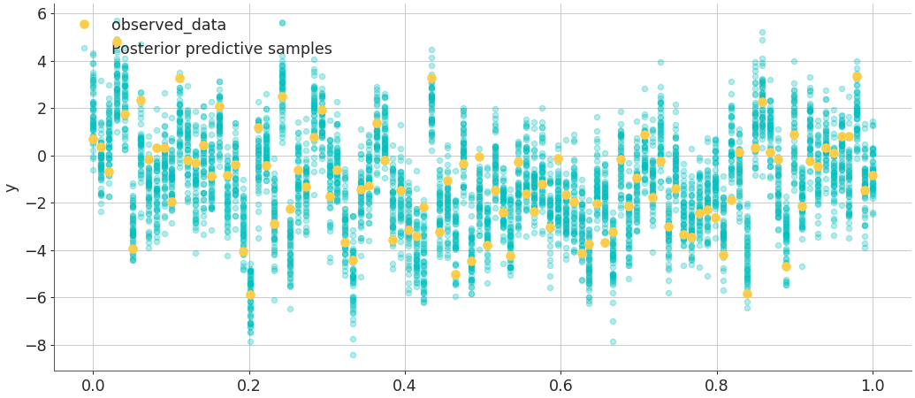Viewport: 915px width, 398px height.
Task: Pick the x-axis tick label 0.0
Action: [93, 386]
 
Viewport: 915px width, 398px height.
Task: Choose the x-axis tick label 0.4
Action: [405, 386]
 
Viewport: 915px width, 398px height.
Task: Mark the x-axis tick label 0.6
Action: [560, 386]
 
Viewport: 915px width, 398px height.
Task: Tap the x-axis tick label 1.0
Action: [873, 386]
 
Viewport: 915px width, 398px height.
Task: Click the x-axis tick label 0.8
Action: [717, 386]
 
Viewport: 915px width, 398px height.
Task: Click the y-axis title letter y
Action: [11, 188]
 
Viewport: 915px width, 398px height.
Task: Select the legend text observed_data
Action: [168, 25]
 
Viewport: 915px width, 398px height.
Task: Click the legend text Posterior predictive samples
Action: [221, 49]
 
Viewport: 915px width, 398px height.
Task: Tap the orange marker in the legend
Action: [84, 25]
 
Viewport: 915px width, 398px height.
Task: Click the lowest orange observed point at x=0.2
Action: [250, 295]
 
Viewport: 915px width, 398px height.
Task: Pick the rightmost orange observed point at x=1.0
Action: [873, 175]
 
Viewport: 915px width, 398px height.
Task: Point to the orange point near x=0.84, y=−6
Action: [747, 294]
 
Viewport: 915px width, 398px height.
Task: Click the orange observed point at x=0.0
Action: [93, 139]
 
